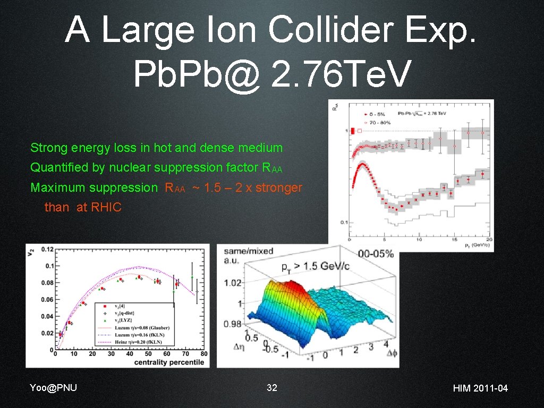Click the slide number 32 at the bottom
271,388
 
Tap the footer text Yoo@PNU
54,387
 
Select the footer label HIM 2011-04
480,388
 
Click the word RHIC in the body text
106,208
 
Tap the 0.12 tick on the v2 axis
47,249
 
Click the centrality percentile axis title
169,362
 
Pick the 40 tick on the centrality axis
129,354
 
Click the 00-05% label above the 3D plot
376,254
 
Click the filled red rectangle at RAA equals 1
352,131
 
